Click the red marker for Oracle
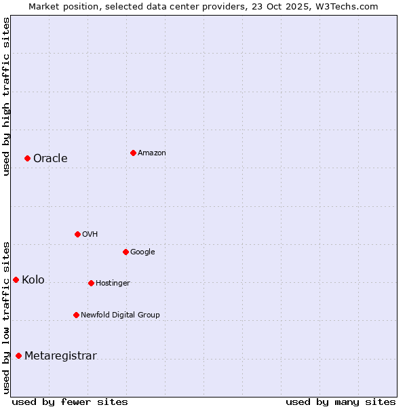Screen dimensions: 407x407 (x=27, y=158)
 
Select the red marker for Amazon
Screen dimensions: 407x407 (x=133, y=153)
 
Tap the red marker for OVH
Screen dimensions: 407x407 (x=77, y=234)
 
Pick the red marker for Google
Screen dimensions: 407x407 (x=125, y=252)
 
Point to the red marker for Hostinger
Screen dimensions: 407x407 (x=91, y=283)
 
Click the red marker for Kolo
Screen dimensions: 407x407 (x=16, y=279)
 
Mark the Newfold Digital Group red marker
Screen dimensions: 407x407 (x=76, y=315)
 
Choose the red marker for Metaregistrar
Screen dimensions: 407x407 (x=18, y=355)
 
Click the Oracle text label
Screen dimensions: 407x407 (x=50, y=158)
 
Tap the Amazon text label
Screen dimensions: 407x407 (x=151, y=153)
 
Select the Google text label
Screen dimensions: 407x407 (x=142, y=252)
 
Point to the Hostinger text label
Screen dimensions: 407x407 (x=113, y=283)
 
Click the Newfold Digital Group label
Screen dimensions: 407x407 (x=120, y=315)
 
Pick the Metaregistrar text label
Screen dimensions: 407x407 (x=60, y=355)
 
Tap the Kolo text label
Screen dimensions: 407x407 (x=33, y=279)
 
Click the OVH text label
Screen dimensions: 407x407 (x=90, y=234)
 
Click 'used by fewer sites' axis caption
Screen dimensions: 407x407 (x=70, y=402)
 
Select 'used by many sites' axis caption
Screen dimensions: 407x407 (x=341, y=402)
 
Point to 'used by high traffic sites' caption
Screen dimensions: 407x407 (x=6, y=96)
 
